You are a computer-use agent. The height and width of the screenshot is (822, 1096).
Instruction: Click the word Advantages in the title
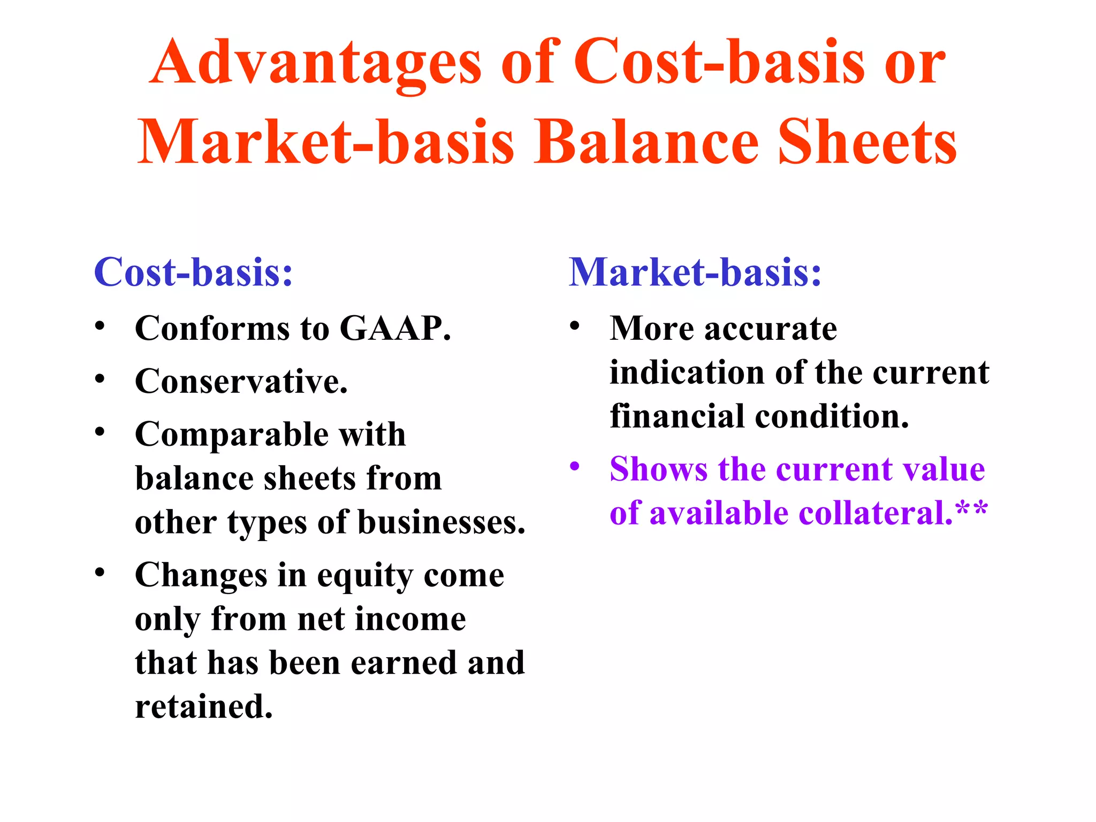point(316,63)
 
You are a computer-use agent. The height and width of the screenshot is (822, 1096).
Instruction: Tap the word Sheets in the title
point(867,142)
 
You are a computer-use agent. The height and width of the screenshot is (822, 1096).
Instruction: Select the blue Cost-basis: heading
point(193,272)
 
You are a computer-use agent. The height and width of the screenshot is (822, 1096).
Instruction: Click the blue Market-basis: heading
point(695,272)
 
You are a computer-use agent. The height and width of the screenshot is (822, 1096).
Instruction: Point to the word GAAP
point(395,328)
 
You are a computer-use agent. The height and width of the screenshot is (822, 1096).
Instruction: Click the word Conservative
point(241,382)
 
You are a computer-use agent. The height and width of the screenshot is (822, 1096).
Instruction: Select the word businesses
point(442,523)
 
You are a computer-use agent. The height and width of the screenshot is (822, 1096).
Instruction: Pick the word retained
point(204,706)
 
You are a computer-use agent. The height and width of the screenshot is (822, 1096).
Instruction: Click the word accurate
point(771,328)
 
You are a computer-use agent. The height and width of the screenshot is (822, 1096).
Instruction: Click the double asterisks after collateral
point(971,508)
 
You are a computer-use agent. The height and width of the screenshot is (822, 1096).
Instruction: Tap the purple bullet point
point(575,466)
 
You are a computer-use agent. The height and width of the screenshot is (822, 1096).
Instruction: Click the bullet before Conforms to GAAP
point(100,325)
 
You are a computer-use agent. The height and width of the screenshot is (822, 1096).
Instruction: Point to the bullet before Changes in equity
point(100,572)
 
